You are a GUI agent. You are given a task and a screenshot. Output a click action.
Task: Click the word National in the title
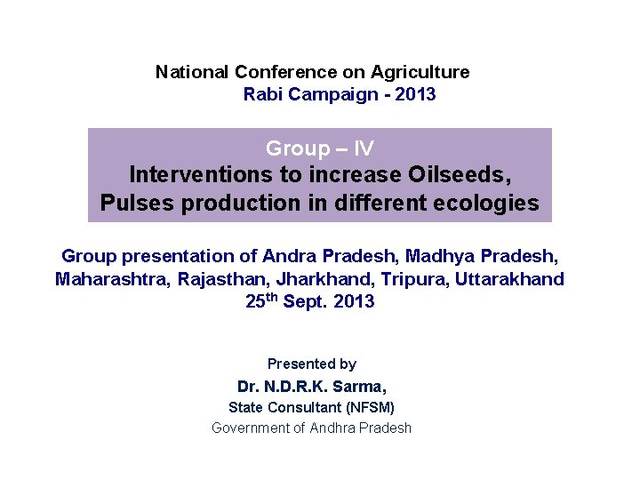[x=192, y=72]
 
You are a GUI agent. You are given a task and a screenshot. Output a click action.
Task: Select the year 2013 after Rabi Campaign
[x=416, y=94]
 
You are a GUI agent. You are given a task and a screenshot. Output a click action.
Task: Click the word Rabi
[x=262, y=94]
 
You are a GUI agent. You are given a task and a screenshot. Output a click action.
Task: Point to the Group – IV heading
[x=319, y=148]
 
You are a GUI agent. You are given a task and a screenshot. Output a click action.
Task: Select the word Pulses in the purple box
[x=138, y=204]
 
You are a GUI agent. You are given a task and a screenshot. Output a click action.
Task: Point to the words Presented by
[x=311, y=364]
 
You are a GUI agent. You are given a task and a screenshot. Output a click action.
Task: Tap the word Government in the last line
[x=251, y=428]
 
